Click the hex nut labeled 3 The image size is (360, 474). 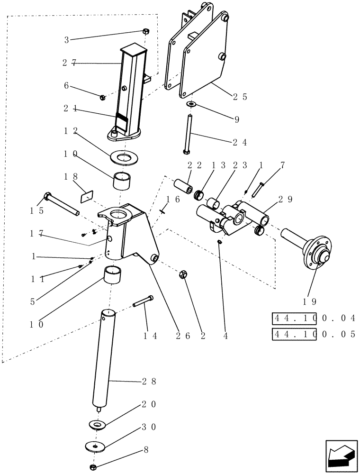click(x=146, y=32)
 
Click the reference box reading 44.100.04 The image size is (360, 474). click(x=314, y=318)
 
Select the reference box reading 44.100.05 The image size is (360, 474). click(x=314, y=334)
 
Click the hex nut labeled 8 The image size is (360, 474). click(x=94, y=467)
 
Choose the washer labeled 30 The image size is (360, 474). click(x=96, y=446)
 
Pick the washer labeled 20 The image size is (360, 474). click(x=98, y=424)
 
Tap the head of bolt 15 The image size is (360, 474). click(x=47, y=196)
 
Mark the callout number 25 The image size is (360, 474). click(x=242, y=97)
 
